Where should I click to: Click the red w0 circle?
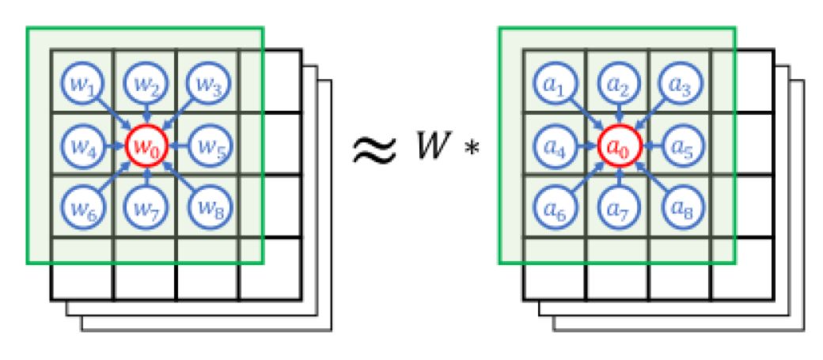coord(146,146)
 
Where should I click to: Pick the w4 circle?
coord(82,146)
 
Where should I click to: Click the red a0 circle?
coord(617,146)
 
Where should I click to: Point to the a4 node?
coord(554,146)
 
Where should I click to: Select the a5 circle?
coord(680,146)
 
